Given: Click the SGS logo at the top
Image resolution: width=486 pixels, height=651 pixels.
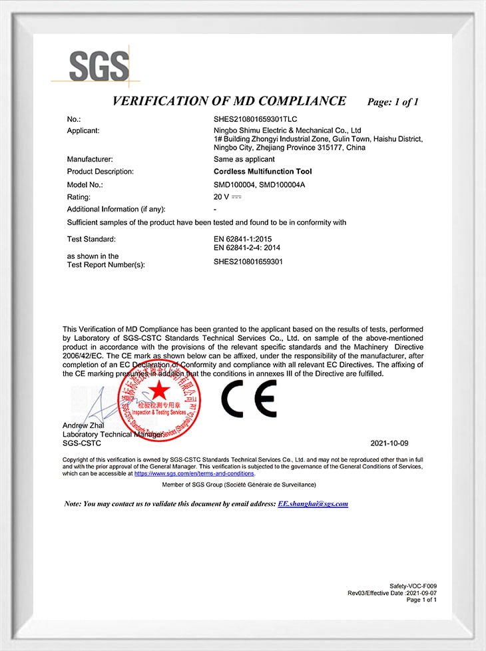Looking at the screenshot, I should point(99,67).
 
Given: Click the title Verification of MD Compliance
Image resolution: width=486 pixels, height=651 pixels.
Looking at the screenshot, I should point(229,101).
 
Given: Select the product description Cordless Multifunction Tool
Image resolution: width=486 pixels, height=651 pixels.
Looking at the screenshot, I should point(262,172).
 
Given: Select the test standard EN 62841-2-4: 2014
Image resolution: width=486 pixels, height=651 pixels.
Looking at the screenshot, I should point(246,248).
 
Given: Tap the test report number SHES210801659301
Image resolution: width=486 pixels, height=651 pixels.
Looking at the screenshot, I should point(248,262).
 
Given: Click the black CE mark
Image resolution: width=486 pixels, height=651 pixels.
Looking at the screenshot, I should point(248,398).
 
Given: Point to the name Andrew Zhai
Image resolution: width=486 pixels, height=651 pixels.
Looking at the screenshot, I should point(83,425).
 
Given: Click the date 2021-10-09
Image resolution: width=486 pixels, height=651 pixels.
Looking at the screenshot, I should point(389,443).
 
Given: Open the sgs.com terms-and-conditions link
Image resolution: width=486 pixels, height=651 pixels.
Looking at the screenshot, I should point(194,474).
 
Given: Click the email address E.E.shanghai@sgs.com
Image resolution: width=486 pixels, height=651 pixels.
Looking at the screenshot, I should point(313,504).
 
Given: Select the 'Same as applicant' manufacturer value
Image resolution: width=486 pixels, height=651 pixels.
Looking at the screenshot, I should point(244,159).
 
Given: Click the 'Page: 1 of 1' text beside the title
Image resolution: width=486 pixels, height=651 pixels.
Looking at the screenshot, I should point(393,103).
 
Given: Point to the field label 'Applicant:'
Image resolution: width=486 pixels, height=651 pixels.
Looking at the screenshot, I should point(83,130).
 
